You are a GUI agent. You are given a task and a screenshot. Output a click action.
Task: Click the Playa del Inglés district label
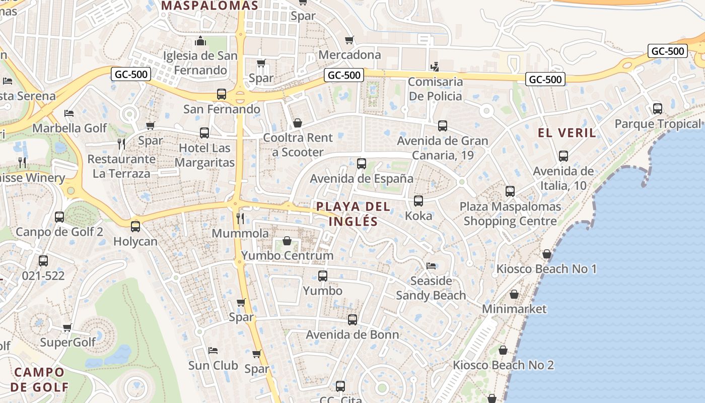point(353,214)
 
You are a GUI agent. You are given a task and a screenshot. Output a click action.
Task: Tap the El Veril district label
point(567,133)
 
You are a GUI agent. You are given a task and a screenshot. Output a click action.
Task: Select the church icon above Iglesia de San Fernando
point(200,41)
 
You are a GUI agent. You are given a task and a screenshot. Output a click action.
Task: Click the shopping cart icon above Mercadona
point(349,40)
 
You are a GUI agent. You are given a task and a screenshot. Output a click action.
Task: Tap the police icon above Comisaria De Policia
point(435,66)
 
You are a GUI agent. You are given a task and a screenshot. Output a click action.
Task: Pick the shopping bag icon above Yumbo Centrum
point(287,241)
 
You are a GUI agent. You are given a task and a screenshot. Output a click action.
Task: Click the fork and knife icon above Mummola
point(240,218)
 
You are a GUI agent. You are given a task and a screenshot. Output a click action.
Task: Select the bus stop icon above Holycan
point(135,227)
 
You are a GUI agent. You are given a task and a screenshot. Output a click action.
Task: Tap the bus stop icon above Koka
point(418,201)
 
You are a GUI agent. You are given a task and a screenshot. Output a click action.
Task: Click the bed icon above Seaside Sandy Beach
point(431,265)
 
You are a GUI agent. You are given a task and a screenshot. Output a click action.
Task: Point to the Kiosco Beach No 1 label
point(546,268)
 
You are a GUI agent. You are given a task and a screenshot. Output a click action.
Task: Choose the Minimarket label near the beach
point(514,308)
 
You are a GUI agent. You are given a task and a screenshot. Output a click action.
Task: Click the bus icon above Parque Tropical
point(657,108)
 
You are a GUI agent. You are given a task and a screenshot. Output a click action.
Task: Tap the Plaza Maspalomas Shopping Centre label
point(510,214)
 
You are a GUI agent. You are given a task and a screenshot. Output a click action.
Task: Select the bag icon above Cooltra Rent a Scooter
point(298,123)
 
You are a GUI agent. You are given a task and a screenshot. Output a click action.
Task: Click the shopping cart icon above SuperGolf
point(67,328)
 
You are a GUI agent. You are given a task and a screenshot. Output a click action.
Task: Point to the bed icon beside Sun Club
point(213,350)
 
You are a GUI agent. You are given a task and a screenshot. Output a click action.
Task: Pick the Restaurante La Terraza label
point(121,166)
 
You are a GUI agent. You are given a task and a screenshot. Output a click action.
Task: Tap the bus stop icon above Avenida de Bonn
point(352,319)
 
